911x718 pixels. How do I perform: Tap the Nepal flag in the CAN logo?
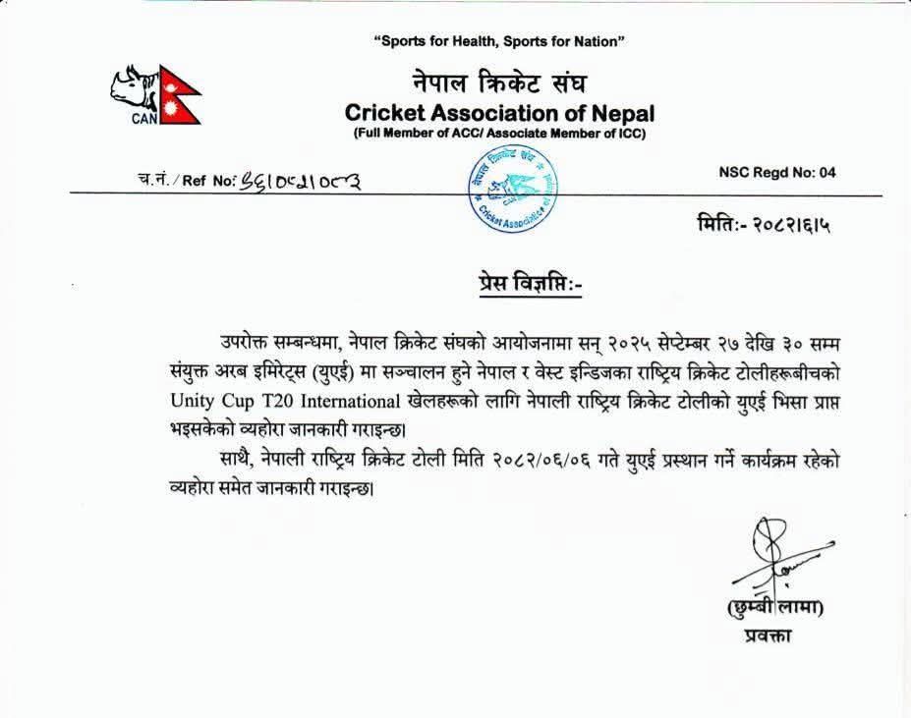pos(181,95)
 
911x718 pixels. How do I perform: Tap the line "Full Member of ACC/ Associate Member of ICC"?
pos(500,134)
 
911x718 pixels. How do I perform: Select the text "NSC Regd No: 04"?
pos(777,173)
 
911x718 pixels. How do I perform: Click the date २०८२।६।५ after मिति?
pos(785,226)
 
